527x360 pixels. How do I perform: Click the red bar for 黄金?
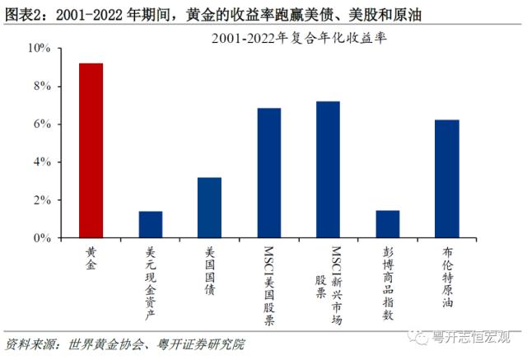[91, 151]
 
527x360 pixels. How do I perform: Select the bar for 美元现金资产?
[151, 225]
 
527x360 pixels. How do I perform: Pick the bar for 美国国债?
[209, 208]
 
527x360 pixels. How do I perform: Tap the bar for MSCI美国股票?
[269, 173]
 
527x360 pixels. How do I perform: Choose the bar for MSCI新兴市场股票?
[329, 170]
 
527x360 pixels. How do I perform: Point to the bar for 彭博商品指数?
[388, 224]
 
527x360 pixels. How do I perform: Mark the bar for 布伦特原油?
[447, 179]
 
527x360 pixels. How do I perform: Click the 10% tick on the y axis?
[40, 49]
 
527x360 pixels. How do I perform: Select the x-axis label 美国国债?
[209, 271]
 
